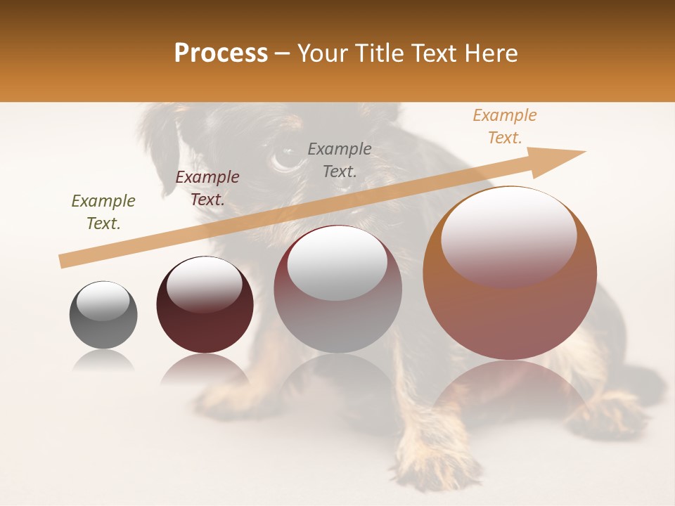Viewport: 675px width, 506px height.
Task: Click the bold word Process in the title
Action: click(x=221, y=53)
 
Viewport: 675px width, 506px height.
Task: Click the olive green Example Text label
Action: click(x=103, y=212)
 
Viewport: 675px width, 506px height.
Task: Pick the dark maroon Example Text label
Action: click(x=207, y=188)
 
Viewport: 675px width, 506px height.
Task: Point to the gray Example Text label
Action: click(x=340, y=160)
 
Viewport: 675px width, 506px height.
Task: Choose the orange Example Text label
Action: click(x=505, y=126)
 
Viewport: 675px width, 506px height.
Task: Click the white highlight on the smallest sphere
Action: click(x=103, y=301)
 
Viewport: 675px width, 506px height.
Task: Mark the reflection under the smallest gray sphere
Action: click(x=103, y=361)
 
